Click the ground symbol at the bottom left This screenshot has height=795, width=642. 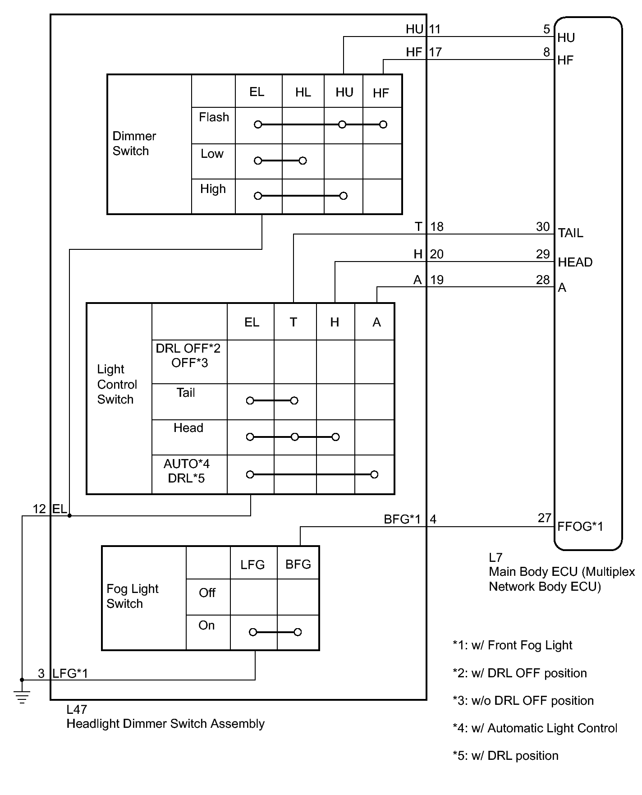22,697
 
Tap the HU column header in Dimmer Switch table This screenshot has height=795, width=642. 344,92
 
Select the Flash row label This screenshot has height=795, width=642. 214,117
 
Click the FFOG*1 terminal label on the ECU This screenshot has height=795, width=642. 580,526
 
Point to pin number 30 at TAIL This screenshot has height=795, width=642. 543,226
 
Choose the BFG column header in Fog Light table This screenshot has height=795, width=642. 298,564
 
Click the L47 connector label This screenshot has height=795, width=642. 76,709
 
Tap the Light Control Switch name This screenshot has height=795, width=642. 117,384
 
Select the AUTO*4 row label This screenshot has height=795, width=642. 187,464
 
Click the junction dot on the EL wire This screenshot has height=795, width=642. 69,515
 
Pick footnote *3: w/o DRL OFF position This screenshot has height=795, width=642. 523,700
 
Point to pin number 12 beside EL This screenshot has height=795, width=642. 39,509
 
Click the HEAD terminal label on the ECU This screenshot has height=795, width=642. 575,262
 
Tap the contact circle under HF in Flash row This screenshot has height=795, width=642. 383,124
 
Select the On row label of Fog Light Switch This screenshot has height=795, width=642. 206,625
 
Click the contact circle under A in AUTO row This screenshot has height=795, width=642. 374,474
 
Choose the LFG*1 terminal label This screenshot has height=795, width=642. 70,673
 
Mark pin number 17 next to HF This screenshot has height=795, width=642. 435,52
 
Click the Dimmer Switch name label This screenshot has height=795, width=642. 134,143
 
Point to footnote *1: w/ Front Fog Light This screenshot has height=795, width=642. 512,645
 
